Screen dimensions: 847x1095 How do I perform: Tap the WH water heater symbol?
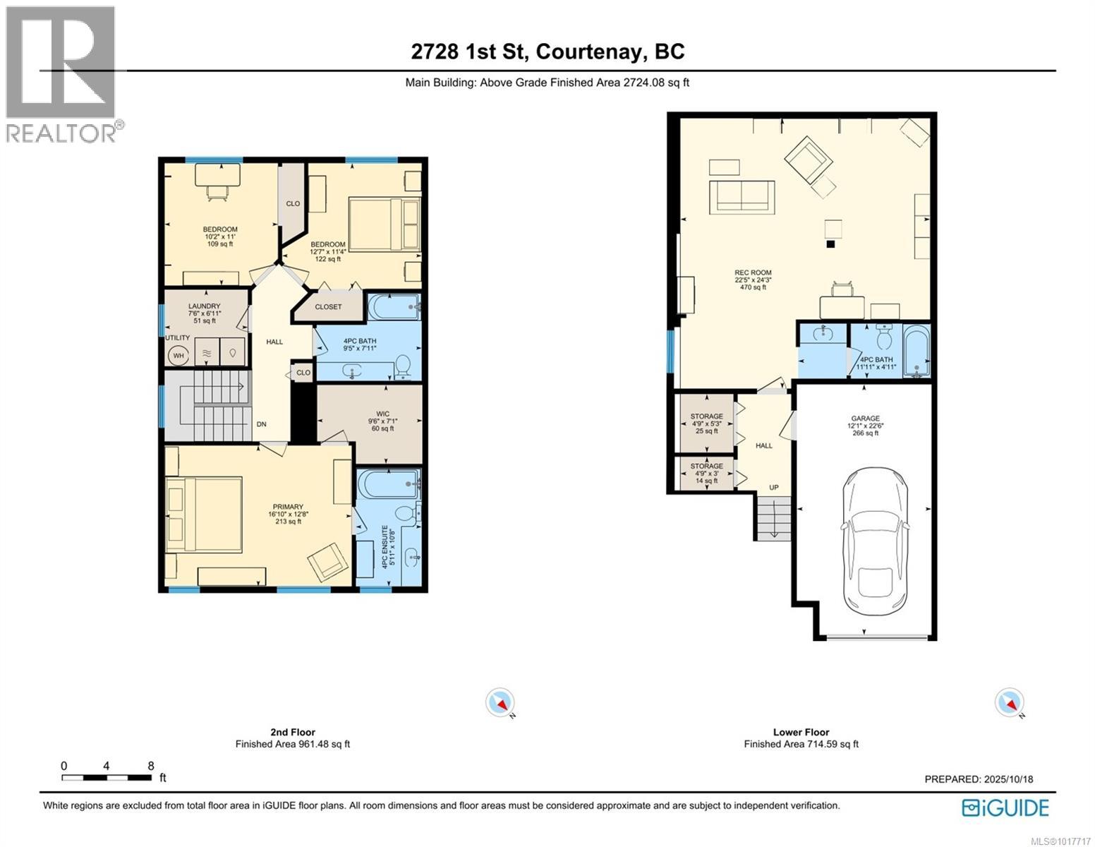pyautogui.click(x=179, y=356)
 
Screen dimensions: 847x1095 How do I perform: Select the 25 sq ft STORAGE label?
pyautogui.click(x=706, y=423)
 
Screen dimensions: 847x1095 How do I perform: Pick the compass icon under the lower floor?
pyautogui.click(x=1009, y=703)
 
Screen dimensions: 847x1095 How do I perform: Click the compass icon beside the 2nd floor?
pyautogui.click(x=500, y=703)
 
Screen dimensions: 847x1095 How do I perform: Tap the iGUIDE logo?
pyautogui.click(x=1005, y=807)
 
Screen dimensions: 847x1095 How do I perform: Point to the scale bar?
pyautogui.click(x=107, y=777)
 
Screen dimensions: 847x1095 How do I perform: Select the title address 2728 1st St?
pyautogui.click(x=547, y=52)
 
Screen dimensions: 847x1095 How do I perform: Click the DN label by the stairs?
pyautogui.click(x=261, y=424)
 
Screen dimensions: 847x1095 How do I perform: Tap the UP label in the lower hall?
pyautogui.click(x=774, y=488)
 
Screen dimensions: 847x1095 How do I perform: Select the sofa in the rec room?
pyautogui.click(x=742, y=196)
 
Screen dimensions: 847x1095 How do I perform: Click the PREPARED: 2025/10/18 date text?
pyautogui.click(x=979, y=779)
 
